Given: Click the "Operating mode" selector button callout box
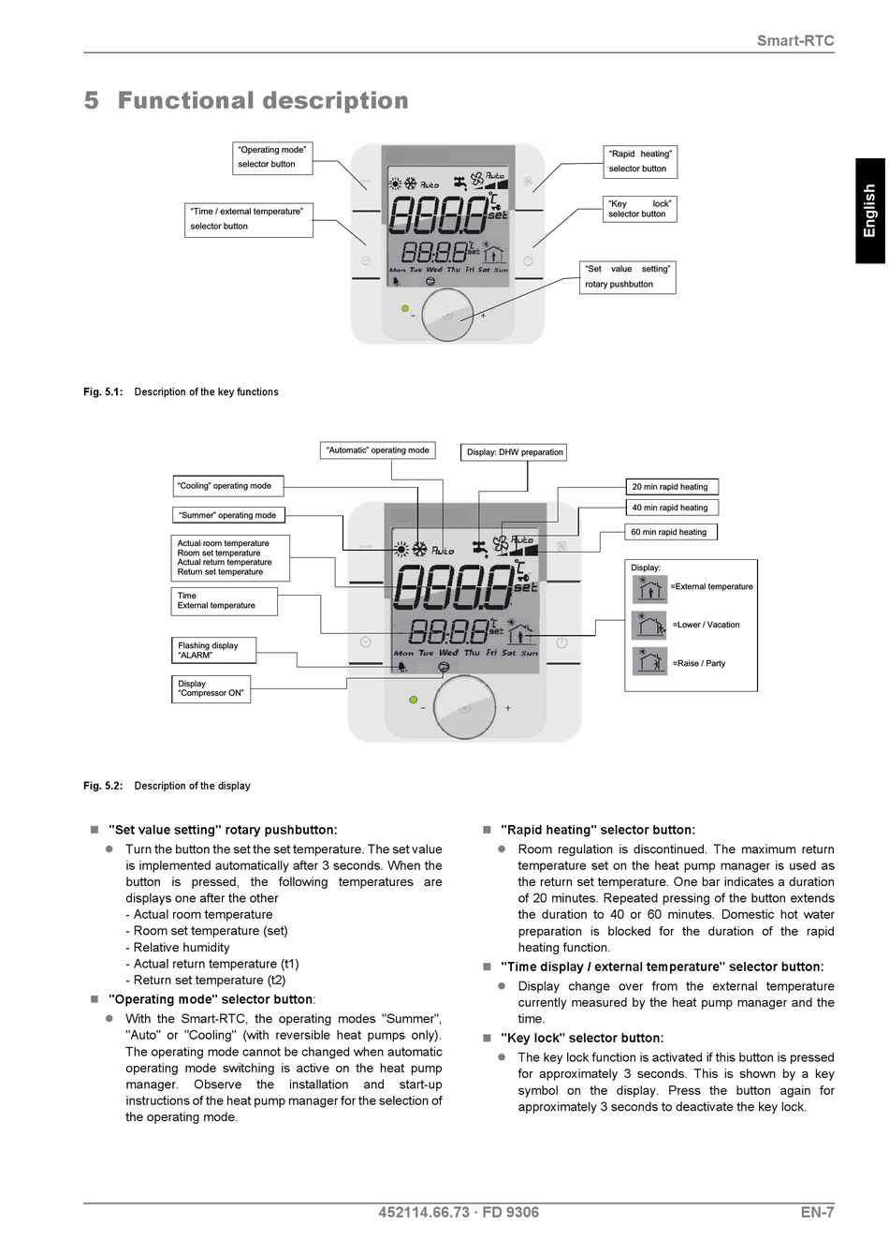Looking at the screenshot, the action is click(272, 158).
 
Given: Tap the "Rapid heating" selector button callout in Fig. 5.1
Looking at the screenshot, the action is click(640, 162).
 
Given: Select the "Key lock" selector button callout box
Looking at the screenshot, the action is click(639, 210).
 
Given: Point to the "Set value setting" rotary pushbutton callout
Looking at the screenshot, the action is click(627, 277).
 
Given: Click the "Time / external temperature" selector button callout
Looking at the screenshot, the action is click(248, 220).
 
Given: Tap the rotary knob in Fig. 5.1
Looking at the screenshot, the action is click(447, 315).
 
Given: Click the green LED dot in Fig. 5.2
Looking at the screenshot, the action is click(414, 700).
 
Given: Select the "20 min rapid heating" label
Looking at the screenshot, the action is click(671, 486).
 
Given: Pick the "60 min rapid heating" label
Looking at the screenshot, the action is click(670, 532).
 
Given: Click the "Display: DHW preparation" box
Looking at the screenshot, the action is click(514, 452).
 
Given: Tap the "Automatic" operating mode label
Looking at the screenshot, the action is click(378, 450).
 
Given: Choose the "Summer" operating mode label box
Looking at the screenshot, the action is click(228, 515).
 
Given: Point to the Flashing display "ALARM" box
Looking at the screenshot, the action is click(213, 650).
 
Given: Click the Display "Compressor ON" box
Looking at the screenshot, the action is click(211, 688).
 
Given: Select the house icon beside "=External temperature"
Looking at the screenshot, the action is click(649, 589).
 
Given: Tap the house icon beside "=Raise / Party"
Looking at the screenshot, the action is click(649, 661).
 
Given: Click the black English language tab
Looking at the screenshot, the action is click(870, 211).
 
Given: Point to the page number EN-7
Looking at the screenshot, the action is click(817, 1212).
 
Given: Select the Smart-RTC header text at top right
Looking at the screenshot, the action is click(795, 40).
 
